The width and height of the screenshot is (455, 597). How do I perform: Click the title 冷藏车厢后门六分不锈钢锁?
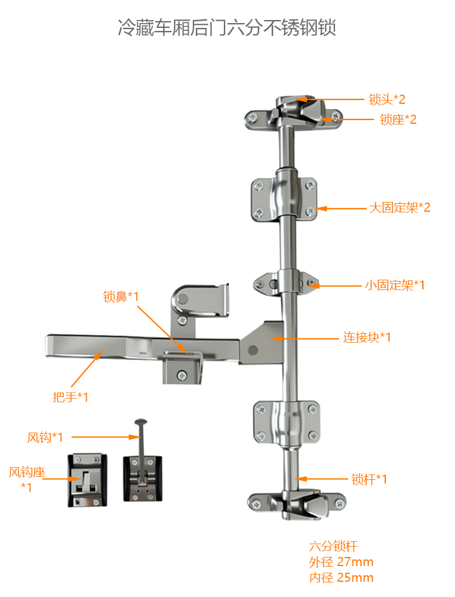click(227, 27)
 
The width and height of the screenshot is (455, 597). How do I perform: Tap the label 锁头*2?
click(387, 99)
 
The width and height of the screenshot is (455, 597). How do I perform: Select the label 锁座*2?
click(398, 120)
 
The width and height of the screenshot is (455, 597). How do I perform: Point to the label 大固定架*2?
click(400, 207)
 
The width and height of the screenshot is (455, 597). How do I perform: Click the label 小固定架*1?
click(395, 285)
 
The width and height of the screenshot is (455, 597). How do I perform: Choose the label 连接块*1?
click(366, 337)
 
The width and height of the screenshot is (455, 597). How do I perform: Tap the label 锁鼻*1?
click(121, 296)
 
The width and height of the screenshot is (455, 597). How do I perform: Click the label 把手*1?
click(70, 397)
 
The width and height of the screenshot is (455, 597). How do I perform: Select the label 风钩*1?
click(45, 437)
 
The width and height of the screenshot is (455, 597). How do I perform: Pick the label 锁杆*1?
click(369, 479)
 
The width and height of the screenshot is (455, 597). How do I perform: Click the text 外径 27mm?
click(341, 562)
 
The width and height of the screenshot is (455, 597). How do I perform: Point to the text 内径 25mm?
click(341, 578)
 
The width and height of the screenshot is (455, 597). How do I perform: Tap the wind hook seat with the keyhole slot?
click(87, 481)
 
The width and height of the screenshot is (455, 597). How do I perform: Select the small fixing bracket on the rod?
click(286, 284)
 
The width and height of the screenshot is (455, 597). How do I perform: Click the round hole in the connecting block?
click(252, 349)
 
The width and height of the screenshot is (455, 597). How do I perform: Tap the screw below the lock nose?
click(182, 376)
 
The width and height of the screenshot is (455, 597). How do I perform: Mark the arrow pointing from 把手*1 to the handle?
click(87, 368)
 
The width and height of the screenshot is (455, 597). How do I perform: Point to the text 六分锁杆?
click(333, 547)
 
